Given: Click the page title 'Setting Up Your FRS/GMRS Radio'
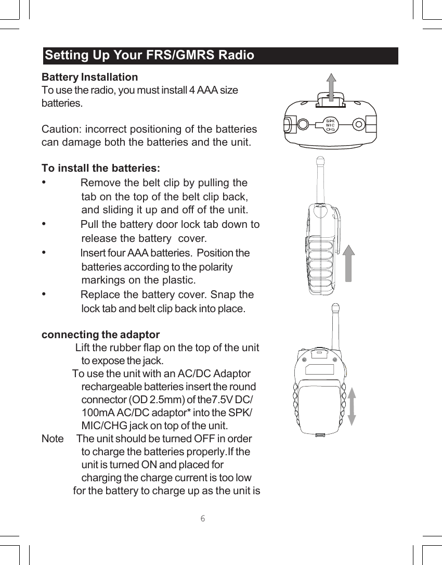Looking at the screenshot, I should tap(150, 55).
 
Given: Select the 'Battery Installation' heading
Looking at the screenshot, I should tap(89, 77).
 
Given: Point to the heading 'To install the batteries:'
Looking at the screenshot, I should tap(100, 169).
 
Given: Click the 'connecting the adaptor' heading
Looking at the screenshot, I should tap(100, 335).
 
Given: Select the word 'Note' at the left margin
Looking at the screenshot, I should tap(53, 439).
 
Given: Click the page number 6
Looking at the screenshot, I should tap(203, 518).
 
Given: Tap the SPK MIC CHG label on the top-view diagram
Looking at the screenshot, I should tap(330, 125).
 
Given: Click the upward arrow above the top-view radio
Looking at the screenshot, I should tap(331, 85).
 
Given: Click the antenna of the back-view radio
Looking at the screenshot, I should tap(336, 328).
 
